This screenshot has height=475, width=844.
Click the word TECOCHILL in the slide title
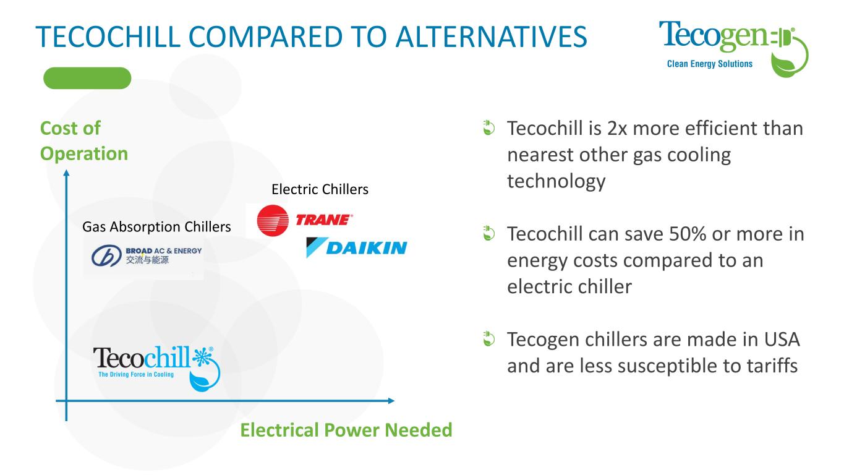[108, 37]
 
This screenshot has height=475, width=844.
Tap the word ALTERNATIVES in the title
[491, 37]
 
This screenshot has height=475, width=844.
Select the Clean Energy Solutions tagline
[709, 64]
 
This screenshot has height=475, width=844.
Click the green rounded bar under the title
[87, 78]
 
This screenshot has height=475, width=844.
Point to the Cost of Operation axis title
[83, 141]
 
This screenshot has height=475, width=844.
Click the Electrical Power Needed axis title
[346, 430]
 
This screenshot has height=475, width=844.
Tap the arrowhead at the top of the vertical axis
[66, 173]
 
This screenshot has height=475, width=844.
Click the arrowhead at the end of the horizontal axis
[391, 401]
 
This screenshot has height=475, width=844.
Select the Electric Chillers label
[320, 189]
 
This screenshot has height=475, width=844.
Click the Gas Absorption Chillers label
[156, 227]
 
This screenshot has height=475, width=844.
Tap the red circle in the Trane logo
[273, 221]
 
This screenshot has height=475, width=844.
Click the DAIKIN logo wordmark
[367, 247]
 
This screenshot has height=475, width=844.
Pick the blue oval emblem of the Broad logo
[106, 255]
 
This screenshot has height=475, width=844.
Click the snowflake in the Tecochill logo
[202, 356]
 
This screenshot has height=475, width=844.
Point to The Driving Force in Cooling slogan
[136, 374]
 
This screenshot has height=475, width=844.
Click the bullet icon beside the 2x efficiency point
[488, 127]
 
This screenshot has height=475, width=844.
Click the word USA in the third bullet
[782, 340]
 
